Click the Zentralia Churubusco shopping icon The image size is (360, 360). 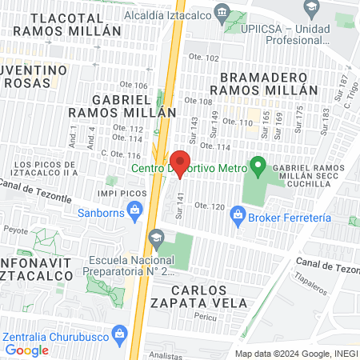click(119, 331)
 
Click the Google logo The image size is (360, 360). click(26, 350)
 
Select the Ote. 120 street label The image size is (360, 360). click(210, 206)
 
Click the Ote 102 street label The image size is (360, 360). click(202, 58)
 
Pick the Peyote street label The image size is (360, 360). click(14, 228)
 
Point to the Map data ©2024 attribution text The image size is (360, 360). click(296, 353)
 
